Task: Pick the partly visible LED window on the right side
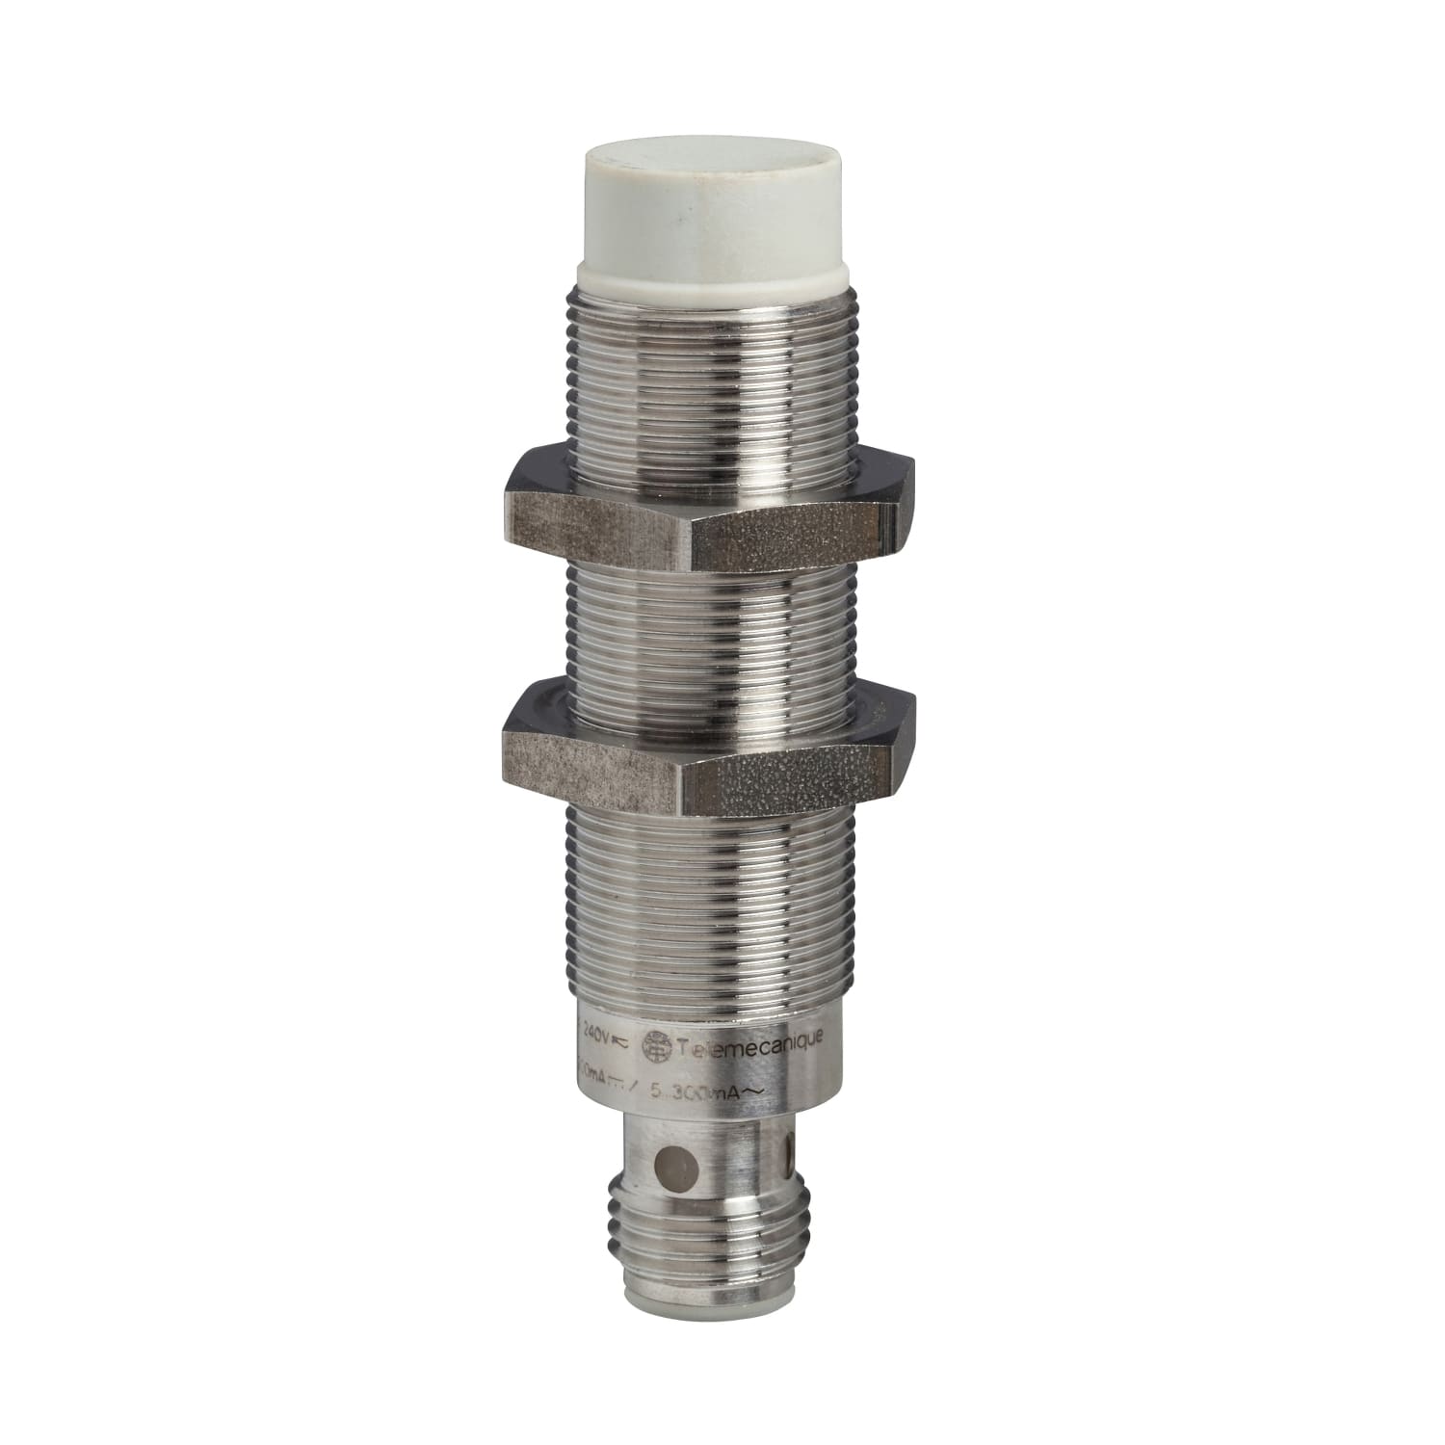[793, 1150]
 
